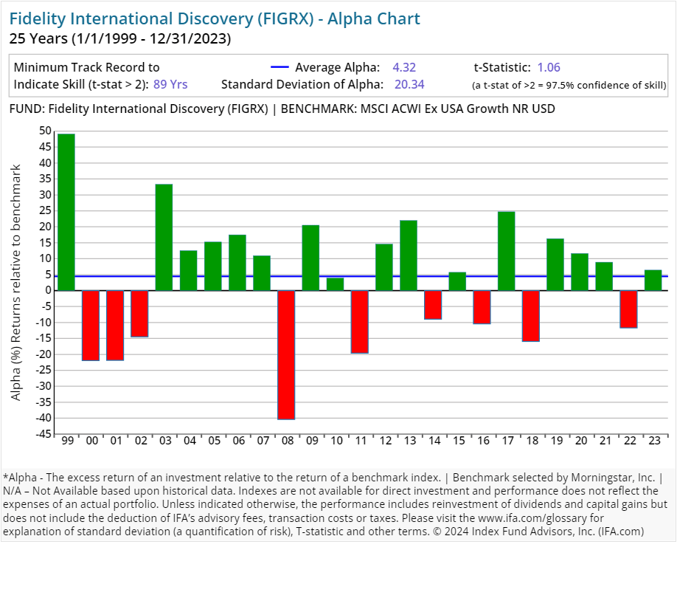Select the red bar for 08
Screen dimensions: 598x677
[286, 354]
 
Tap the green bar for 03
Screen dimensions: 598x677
[164, 237]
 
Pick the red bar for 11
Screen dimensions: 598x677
[359, 322]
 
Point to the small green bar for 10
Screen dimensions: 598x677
[335, 284]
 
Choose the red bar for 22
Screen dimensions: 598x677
[628, 309]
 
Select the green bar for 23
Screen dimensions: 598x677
[653, 281]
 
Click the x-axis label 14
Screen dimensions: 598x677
[433, 441]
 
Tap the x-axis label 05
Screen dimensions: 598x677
[213, 441]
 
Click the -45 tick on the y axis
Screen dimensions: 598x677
[44, 434]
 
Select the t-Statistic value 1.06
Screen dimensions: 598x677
[549, 67]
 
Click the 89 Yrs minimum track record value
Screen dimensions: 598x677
[170, 84]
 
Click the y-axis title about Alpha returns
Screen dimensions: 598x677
[16, 283]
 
